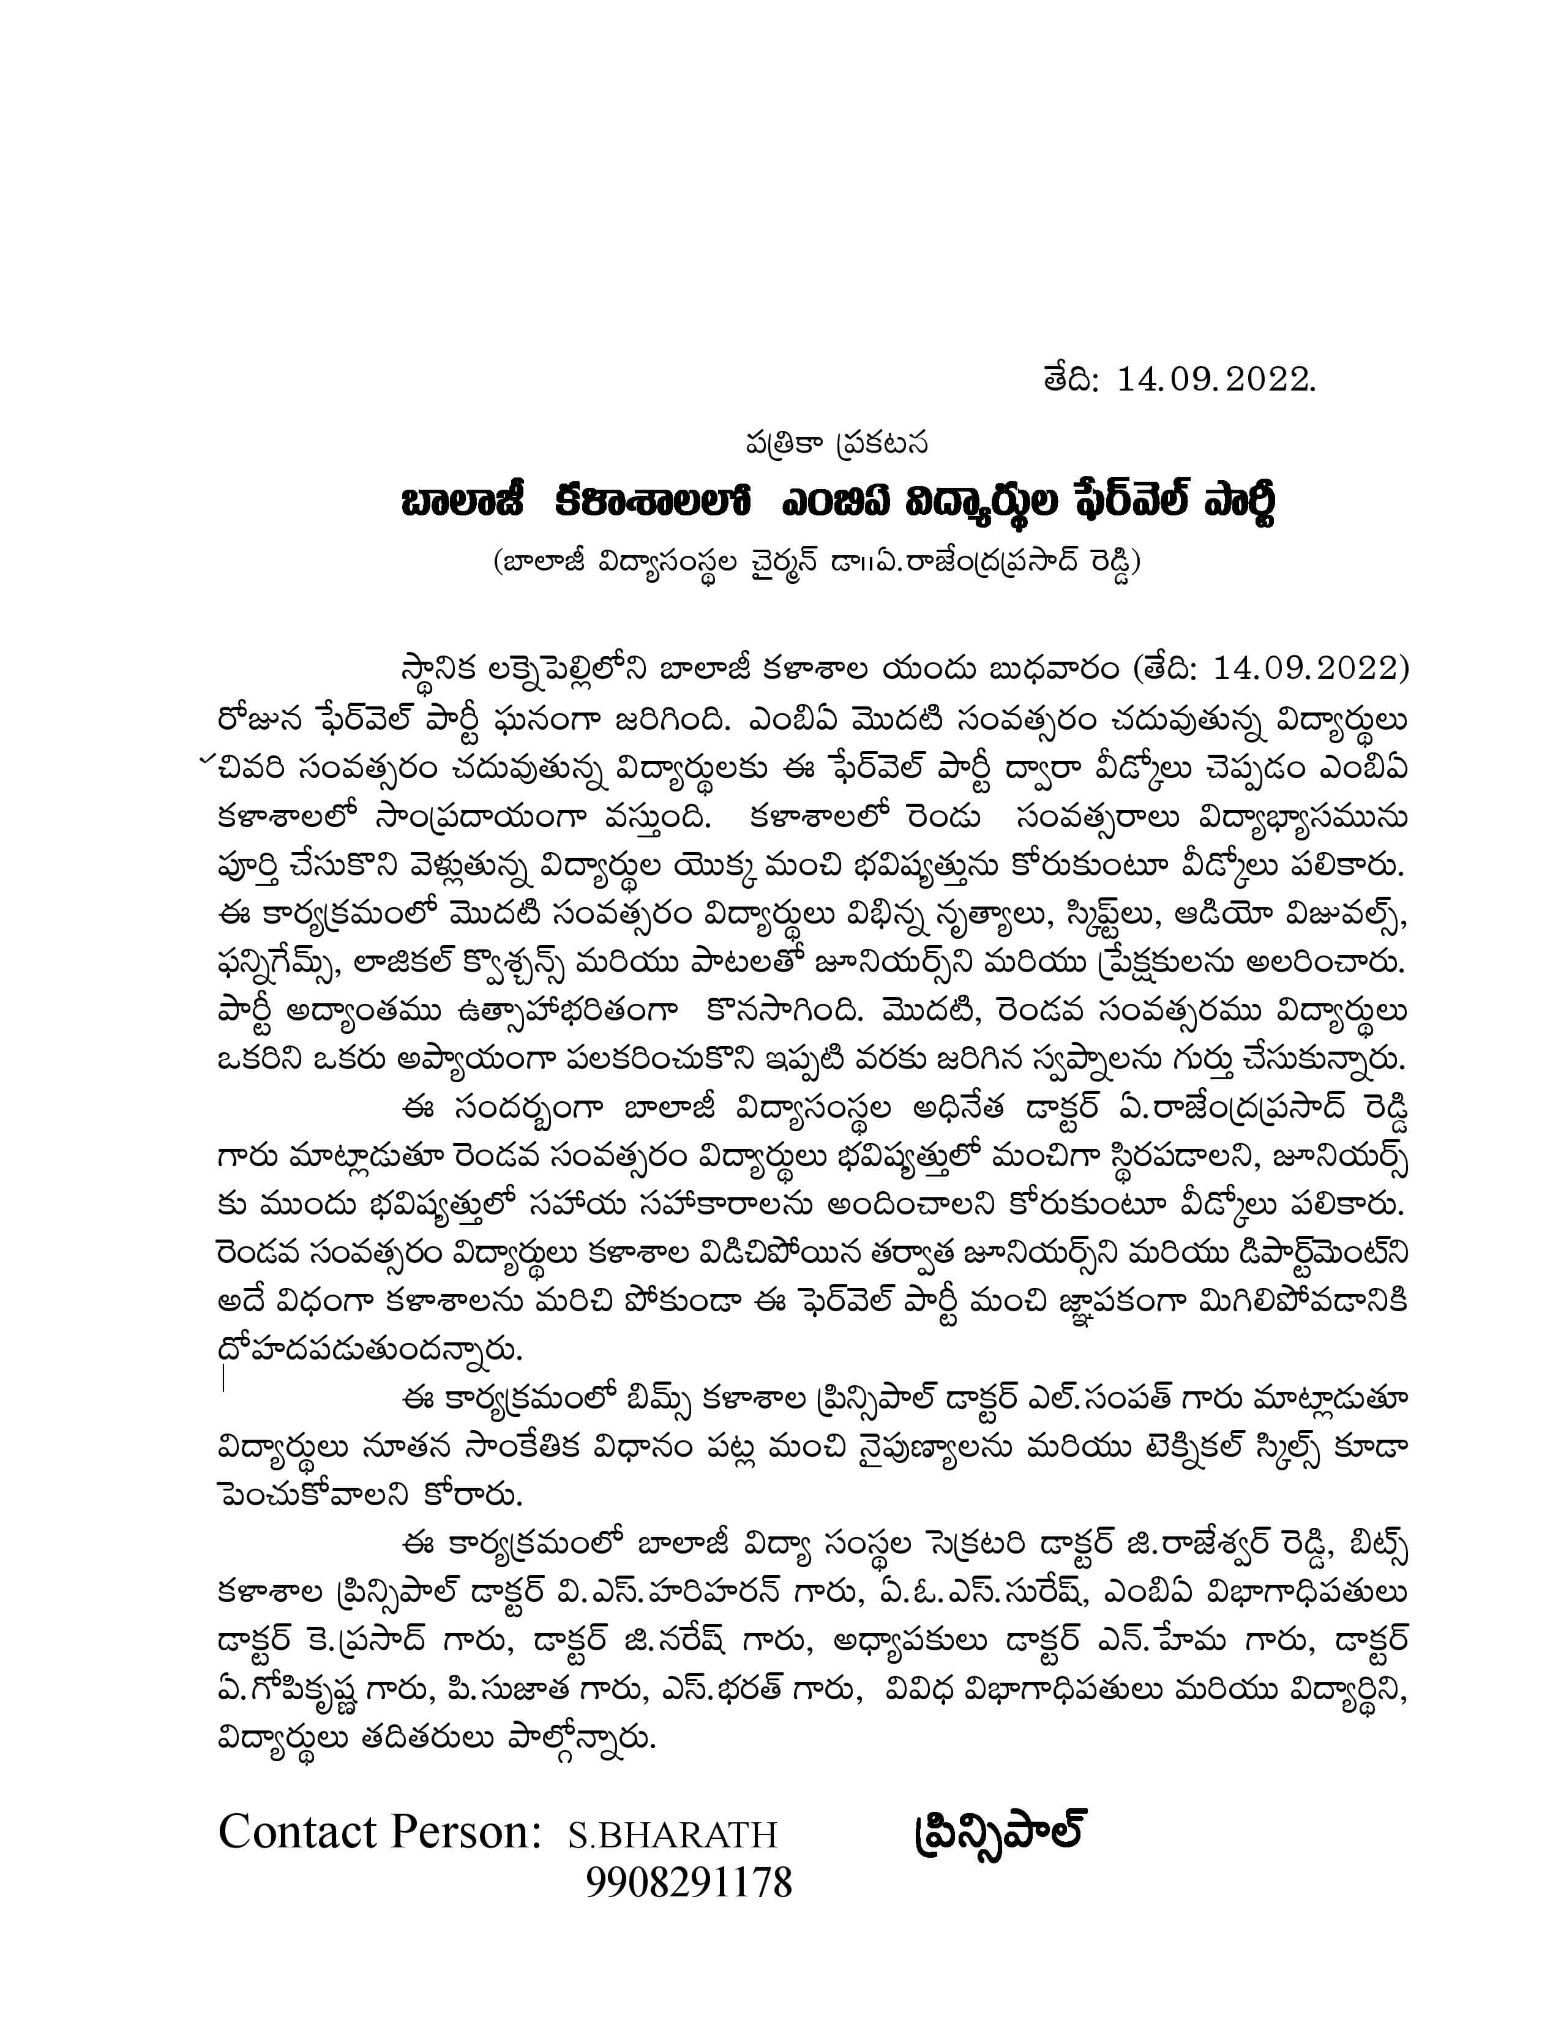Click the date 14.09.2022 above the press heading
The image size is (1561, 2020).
pyautogui.click(x=1215, y=380)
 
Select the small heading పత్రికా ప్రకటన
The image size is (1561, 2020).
pyautogui.click(x=837, y=445)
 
